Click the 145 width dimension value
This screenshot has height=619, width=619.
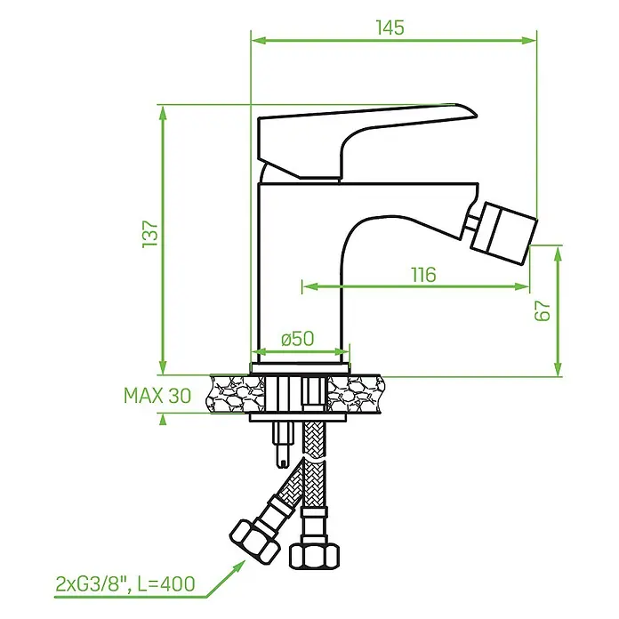(x=390, y=28)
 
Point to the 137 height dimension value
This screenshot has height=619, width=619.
(x=150, y=234)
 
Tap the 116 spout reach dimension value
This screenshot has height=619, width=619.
(x=423, y=275)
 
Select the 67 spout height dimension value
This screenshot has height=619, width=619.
(x=543, y=310)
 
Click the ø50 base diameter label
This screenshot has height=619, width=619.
(x=298, y=339)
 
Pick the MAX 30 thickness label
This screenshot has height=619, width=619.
(x=157, y=396)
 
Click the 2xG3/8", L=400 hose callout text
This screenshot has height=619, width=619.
(x=125, y=583)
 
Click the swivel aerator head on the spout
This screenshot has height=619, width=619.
(x=504, y=233)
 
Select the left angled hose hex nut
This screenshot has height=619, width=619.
(x=255, y=541)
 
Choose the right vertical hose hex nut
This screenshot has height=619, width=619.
(x=314, y=555)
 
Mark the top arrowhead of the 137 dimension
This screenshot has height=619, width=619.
(x=163, y=112)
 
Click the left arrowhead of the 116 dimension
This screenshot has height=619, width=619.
(x=309, y=285)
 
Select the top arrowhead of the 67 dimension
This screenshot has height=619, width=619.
(x=558, y=253)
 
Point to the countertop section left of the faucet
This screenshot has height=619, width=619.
(x=236, y=394)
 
